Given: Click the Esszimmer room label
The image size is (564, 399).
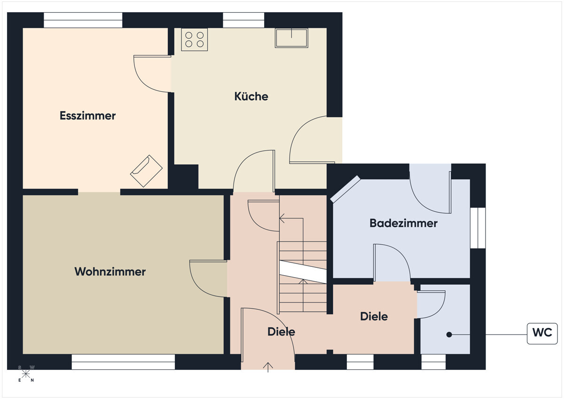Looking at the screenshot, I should (x=87, y=116).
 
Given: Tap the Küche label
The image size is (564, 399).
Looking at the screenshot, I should (x=251, y=96).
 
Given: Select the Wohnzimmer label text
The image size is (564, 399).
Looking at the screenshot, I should (x=110, y=271).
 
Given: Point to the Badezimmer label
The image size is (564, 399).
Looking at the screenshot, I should (x=403, y=223).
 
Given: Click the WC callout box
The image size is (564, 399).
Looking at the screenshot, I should (x=542, y=334).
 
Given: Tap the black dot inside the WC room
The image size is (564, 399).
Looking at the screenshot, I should (x=449, y=335).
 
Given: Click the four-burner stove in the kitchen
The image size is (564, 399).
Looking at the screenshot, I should (x=195, y=40).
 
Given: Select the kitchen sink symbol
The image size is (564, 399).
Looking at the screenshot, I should (x=291, y=38).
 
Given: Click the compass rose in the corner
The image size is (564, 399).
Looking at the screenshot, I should (x=26, y=374).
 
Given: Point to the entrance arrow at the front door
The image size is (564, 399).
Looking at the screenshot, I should (x=268, y=367).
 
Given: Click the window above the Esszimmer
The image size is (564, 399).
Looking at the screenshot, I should (x=83, y=20).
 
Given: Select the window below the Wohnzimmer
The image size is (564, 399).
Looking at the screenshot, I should (x=123, y=361).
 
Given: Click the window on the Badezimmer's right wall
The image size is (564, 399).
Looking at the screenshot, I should (x=478, y=228).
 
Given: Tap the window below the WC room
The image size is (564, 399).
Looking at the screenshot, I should (x=433, y=361).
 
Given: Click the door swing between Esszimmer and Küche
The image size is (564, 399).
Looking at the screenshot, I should (x=151, y=73).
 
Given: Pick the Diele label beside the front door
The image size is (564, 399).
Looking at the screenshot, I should (x=281, y=332).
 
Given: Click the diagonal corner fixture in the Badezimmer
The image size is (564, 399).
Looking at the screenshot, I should (x=345, y=189).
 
